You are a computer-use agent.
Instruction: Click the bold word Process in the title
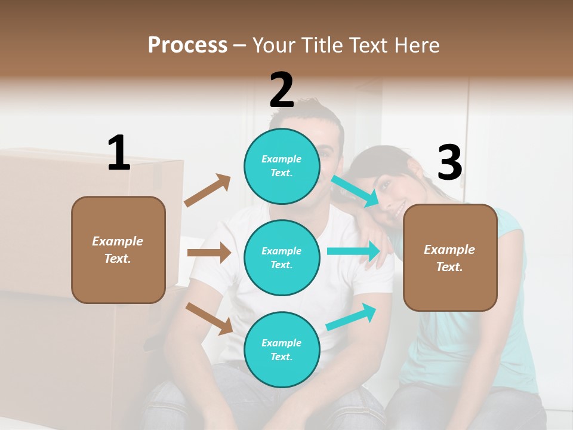click(187, 45)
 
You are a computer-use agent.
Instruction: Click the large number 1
click(119, 153)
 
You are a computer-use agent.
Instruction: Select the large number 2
click(282, 91)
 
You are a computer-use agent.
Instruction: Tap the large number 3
click(449, 162)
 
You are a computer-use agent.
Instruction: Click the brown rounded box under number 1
click(118, 250)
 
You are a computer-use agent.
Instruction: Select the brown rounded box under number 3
click(450, 258)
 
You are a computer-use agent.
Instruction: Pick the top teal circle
click(282, 166)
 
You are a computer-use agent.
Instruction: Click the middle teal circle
click(282, 257)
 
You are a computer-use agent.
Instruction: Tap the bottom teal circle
click(282, 349)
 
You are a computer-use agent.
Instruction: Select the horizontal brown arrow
click(209, 253)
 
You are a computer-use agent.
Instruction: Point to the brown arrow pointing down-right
click(210, 318)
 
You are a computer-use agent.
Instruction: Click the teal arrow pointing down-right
click(355, 191)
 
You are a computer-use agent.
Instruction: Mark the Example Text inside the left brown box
click(118, 250)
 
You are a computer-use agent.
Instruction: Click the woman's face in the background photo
click(396, 191)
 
